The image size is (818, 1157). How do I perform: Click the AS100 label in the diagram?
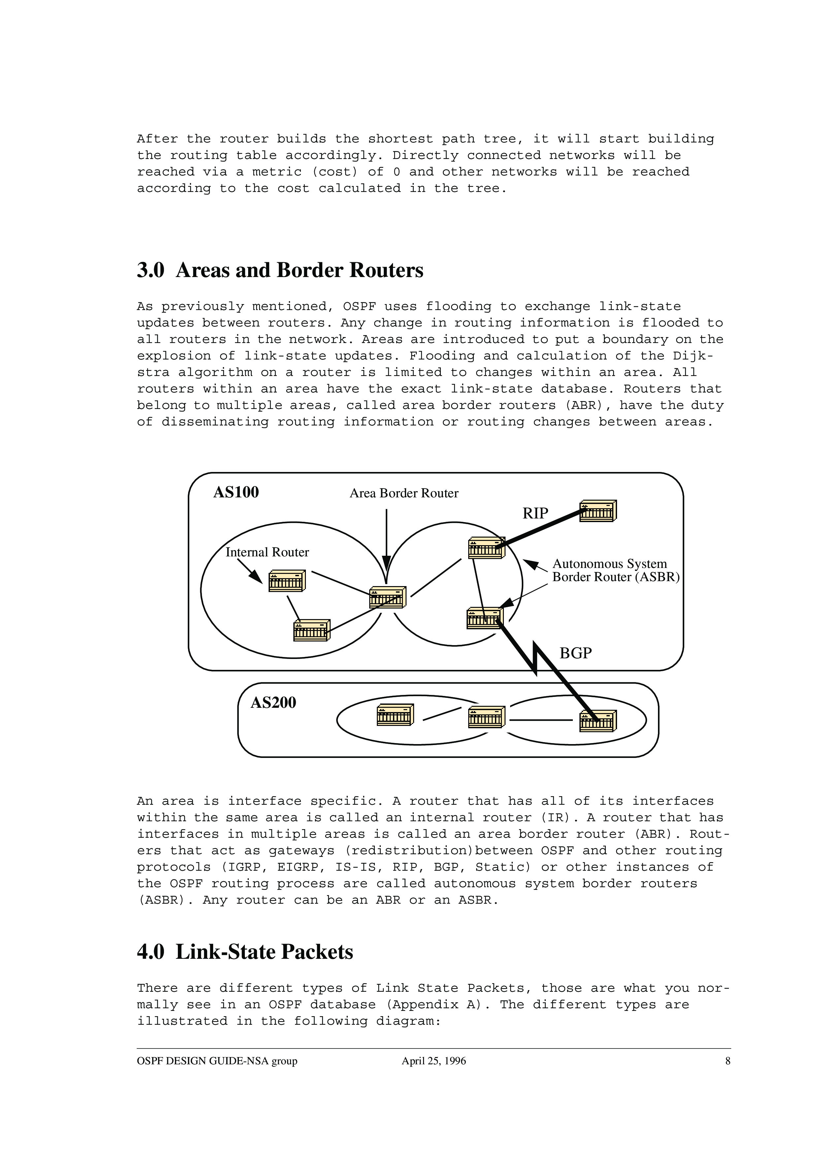click(x=236, y=492)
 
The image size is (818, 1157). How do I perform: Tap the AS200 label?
click(x=273, y=703)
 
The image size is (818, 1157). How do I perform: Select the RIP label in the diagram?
click(x=535, y=514)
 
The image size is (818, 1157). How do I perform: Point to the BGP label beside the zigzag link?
click(x=575, y=653)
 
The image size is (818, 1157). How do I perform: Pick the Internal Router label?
click(x=267, y=552)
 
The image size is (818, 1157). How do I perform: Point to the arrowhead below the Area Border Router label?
click(x=387, y=563)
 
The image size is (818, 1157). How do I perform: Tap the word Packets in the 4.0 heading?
click(x=317, y=952)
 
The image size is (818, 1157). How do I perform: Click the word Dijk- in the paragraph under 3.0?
click(x=693, y=356)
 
